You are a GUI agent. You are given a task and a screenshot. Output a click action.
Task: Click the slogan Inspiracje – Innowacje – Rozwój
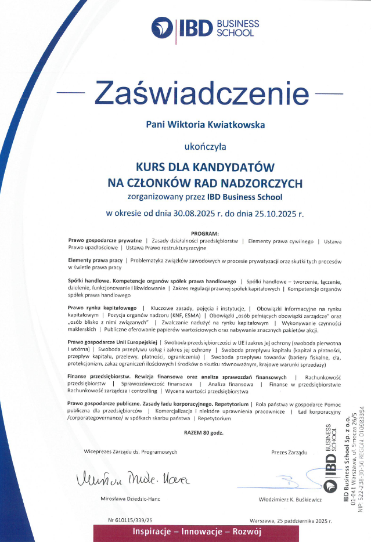click(x=198, y=532)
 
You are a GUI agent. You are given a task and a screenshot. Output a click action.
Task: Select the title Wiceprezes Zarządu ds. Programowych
click(x=131, y=451)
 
